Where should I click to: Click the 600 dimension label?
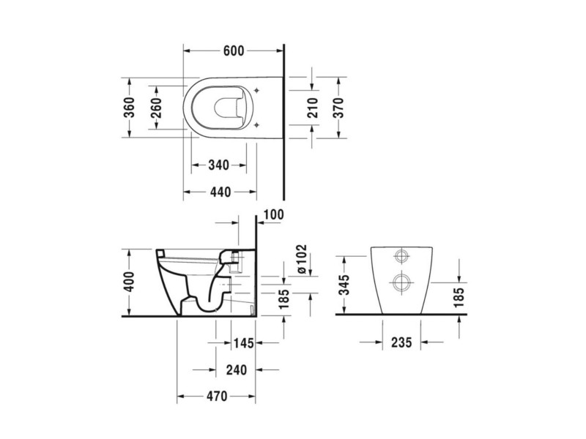tap(234, 50)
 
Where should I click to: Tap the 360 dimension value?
tap(130, 107)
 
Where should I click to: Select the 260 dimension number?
tap(156, 108)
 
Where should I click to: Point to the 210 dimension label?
tap(313, 108)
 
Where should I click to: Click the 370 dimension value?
tap(338, 108)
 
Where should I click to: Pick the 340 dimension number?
tap(218, 165)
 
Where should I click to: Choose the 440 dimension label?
tap(220, 192)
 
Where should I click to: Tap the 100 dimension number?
tap(273, 214)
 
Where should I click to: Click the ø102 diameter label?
tap(301, 260)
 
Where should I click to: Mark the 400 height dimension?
tap(129, 282)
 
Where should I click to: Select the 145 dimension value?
tap(243, 342)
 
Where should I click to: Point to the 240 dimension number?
tap(237, 370)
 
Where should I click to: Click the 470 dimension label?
tap(217, 396)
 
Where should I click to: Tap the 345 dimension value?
tap(344, 285)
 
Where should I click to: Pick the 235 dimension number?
tap(401, 342)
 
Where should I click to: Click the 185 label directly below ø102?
tap(284, 299)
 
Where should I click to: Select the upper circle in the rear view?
tap(401, 256)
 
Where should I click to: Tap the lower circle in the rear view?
tap(401, 282)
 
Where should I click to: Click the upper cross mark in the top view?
tap(256, 90)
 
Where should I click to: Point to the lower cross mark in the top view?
tap(256, 124)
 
